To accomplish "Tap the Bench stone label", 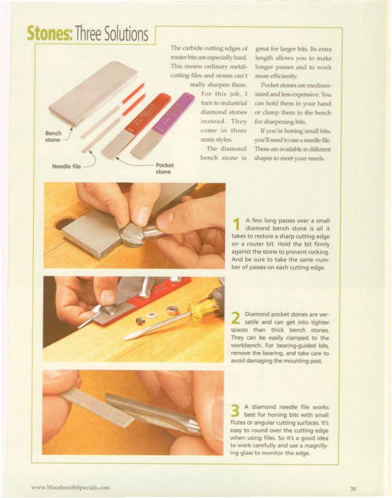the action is coord(53,137).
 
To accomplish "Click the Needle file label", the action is coord(66,166).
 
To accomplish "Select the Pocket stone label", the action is coord(164,169).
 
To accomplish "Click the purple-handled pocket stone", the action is coord(162,127).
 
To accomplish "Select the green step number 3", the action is coord(235,411).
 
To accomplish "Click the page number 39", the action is coord(353,488).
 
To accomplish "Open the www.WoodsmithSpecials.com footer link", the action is coord(70,487).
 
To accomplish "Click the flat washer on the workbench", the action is coord(151,315).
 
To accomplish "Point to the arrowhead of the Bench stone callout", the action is coord(72,129).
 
